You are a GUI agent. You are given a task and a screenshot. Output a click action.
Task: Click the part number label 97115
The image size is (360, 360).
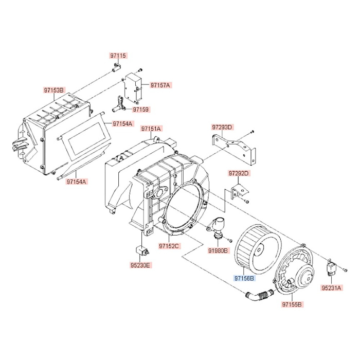click(x=117, y=55)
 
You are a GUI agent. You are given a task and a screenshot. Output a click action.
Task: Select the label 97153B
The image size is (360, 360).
click(x=53, y=91)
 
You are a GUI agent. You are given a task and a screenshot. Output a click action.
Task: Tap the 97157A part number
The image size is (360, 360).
click(x=161, y=84)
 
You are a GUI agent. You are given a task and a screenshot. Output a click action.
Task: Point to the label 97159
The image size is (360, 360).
click(x=140, y=110)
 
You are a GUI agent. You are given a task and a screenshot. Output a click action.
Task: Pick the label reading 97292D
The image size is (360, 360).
click(x=239, y=173)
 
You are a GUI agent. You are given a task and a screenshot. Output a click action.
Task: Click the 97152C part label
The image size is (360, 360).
click(x=168, y=246)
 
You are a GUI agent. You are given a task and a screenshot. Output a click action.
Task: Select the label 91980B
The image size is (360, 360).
click(x=219, y=250)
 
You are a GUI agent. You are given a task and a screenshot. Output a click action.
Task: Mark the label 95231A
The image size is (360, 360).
click(x=331, y=289)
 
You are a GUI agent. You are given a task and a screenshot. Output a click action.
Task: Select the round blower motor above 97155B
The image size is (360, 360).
click(x=296, y=271)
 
